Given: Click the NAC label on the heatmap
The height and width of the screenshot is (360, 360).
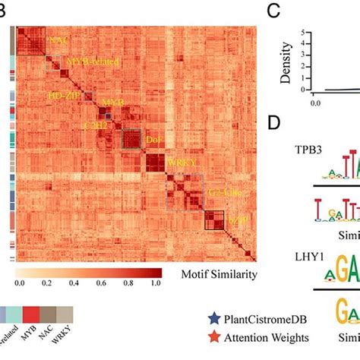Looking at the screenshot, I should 57,38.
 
